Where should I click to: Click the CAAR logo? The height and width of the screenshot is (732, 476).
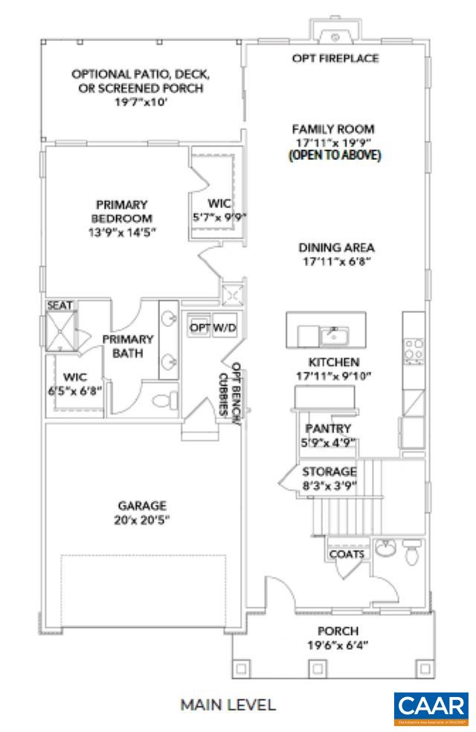click(x=431, y=709)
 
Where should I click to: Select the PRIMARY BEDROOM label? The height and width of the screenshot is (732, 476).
click(x=121, y=211)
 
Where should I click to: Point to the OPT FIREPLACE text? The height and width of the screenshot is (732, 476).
click(x=335, y=58)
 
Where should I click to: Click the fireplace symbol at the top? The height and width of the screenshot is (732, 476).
click(x=335, y=35)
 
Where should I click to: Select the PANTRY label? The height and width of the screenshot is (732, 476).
click(x=328, y=429)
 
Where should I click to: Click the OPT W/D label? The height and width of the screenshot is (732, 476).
click(x=213, y=327)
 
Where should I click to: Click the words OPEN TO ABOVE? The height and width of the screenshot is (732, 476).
click(x=334, y=155)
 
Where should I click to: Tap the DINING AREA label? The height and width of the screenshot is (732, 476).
click(x=336, y=247)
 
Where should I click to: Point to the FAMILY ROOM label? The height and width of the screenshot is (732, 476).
click(x=332, y=128)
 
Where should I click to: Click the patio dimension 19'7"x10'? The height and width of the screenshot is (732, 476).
click(x=140, y=103)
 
